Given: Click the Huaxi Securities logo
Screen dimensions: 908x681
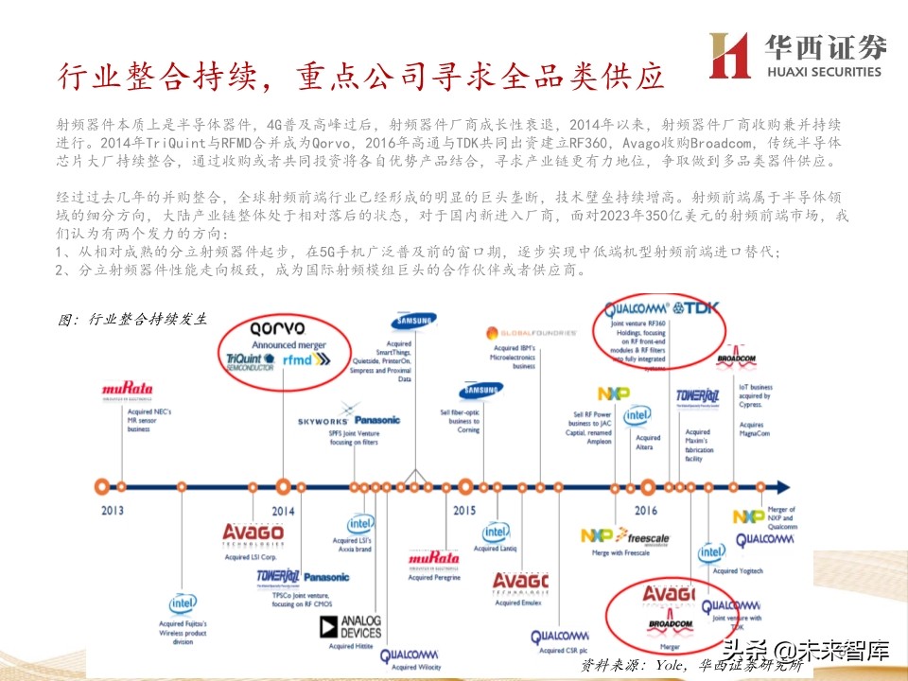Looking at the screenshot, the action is click(795, 55).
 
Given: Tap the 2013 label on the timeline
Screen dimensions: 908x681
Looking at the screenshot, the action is click(113, 510).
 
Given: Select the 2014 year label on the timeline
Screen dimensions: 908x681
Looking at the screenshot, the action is click(283, 510).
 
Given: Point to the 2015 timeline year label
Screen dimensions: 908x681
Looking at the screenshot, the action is click(463, 510).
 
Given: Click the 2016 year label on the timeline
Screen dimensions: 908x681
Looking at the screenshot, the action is click(646, 510).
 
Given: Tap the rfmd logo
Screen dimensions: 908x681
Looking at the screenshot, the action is click(308, 360).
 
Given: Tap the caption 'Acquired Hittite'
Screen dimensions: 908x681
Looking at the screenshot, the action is click(351, 646).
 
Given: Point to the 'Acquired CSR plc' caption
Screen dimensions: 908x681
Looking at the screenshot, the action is click(563, 652).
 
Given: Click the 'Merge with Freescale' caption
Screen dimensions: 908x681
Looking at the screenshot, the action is click(620, 552).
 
